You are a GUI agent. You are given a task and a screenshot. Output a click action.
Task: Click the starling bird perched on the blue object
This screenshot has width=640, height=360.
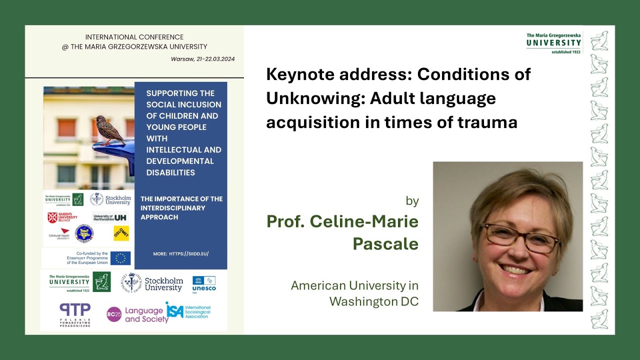click(x=109, y=130)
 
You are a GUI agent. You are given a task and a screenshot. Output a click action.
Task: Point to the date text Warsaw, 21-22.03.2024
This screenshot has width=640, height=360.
click(x=202, y=59)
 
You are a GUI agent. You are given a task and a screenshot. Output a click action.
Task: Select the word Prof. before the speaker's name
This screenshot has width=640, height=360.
click(x=285, y=221)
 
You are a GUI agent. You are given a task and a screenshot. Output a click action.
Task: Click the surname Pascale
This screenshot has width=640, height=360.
click(x=385, y=243)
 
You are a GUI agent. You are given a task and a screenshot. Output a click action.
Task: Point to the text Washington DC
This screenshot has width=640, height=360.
click(x=373, y=301)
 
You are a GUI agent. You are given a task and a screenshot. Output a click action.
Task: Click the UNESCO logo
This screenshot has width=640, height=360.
click(x=204, y=283)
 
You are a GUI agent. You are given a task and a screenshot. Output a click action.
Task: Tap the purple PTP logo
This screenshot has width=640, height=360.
click(x=74, y=310)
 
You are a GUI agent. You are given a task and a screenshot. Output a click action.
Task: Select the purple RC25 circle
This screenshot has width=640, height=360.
click(x=114, y=314)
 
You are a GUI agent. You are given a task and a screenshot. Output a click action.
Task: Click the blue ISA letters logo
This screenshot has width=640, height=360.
click(x=174, y=309)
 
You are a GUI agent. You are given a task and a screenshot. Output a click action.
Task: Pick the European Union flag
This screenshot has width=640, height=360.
click(x=120, y=258)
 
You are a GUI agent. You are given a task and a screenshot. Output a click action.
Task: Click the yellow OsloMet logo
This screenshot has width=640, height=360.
click(x=121, y=233)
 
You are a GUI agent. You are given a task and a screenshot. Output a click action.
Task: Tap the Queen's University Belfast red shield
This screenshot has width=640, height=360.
click(x=52, y=217)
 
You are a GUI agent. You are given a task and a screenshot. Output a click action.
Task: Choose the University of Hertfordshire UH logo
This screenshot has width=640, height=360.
click(x=120, y=217)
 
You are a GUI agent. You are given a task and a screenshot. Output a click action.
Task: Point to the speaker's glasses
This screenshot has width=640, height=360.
click(x=520, y=237)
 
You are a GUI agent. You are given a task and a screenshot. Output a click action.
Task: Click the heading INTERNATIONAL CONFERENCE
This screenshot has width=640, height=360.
click(x=134, y=37)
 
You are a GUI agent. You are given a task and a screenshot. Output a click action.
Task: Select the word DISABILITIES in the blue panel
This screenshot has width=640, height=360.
click(x=170, y=172)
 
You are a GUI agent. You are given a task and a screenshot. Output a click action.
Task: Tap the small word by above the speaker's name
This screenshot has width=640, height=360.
click(x=412, y=201)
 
